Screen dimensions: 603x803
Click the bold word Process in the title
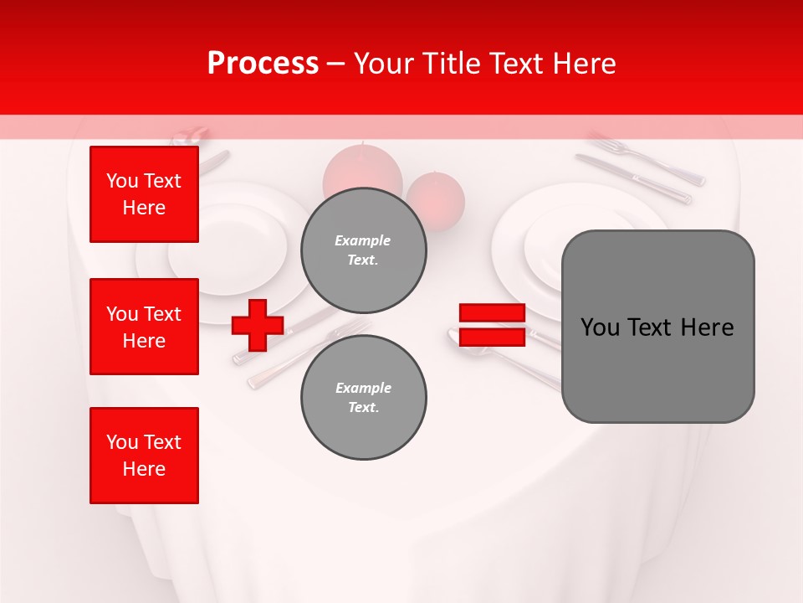[263, 64]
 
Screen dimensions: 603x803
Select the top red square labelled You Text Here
[144, 194]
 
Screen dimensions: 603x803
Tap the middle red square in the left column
[144, 327]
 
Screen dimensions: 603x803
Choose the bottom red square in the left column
[144, 456]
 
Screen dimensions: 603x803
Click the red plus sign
[258, 325]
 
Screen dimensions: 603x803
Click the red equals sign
[492, 325]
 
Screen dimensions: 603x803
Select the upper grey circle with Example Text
[363, 250]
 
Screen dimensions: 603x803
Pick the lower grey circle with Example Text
[363, 398]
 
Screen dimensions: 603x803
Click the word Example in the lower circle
[363, 388]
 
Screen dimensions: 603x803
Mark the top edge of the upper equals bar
[492, 305]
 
